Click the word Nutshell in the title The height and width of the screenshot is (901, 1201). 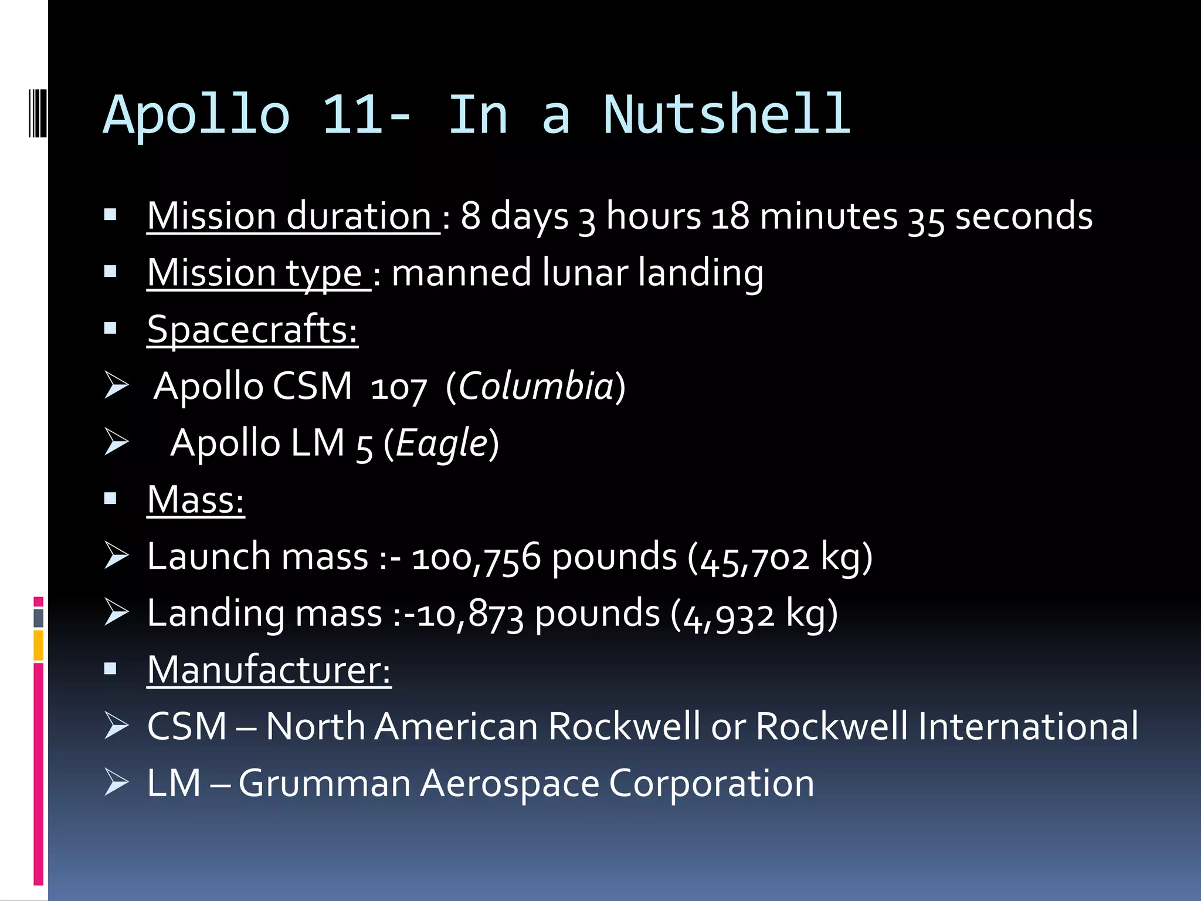coord(727,114)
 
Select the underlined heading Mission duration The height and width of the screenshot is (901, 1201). coord(290,216)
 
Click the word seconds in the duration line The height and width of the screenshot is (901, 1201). coord(1023,216)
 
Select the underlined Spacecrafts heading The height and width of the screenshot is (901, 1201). coord(252,330)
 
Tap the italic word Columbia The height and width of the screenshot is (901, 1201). coord(535,387)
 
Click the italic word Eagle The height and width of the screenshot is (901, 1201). coord(442,443)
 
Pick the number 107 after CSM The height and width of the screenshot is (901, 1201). coord(398,388)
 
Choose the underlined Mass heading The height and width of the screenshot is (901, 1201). coord(195,500)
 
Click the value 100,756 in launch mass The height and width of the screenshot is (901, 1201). coord(476,557)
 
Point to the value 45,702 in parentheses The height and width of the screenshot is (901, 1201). coord(755,558)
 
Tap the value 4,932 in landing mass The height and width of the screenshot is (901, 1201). coord(729,615)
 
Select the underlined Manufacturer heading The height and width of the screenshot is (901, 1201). coord(269,670)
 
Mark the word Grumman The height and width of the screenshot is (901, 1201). coord(324,783)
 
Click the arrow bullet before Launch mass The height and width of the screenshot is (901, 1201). coord(116,555)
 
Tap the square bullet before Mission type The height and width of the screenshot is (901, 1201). coord(110,272)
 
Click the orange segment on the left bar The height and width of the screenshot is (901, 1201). coord(39,645)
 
